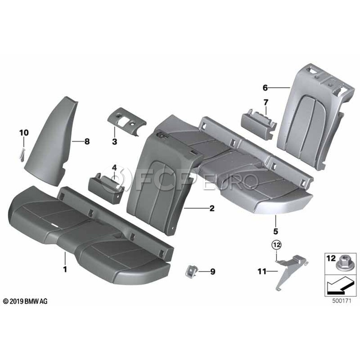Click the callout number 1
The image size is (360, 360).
[x=65, y=269]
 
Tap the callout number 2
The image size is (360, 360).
[x=212, y=208]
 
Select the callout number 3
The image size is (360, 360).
[x=114, y=142]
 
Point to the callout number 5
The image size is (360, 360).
[x=276, y=231]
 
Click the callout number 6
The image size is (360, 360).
[x=265, y=88]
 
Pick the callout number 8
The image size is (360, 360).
[x=87, y=142]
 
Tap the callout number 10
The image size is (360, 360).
[x=24, y=133]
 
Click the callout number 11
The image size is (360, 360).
[x=262, y=272]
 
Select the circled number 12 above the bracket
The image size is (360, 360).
[x=277, y=245]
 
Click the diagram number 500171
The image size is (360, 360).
[x=342, y=301]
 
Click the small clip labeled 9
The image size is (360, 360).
[x=190, y=271]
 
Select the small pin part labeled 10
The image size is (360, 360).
[x=22, y=155]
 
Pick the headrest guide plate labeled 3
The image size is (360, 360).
[x=127, y=121]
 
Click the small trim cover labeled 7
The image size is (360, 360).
[x=259, y=124]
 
